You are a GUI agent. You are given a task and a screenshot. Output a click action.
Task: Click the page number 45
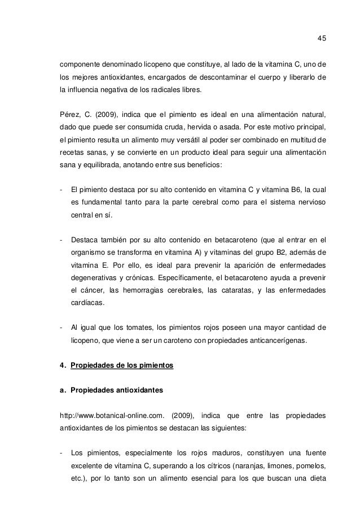[x=322, y=38]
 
